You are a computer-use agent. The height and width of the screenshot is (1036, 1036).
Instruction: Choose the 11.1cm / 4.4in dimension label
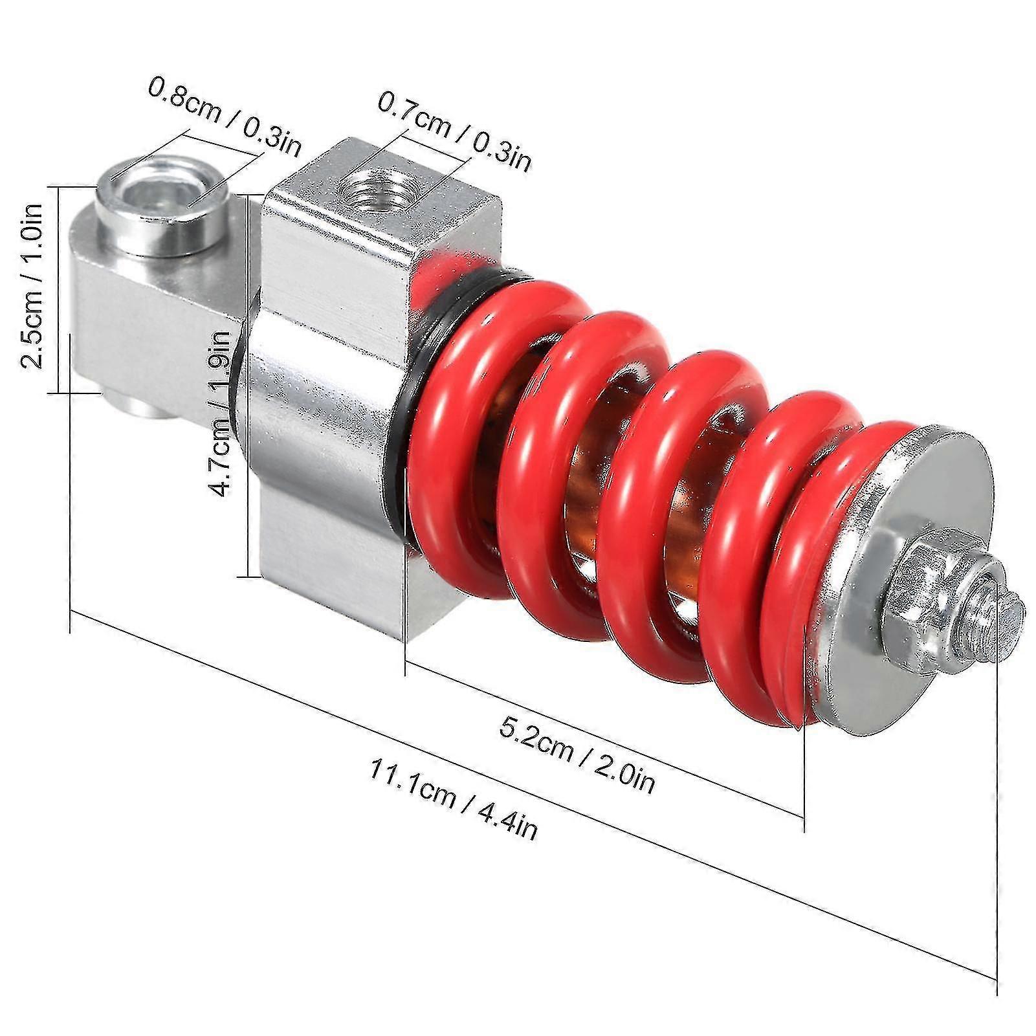click(453, 799)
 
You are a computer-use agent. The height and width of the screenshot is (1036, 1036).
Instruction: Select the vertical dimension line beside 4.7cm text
click(248, 388)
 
